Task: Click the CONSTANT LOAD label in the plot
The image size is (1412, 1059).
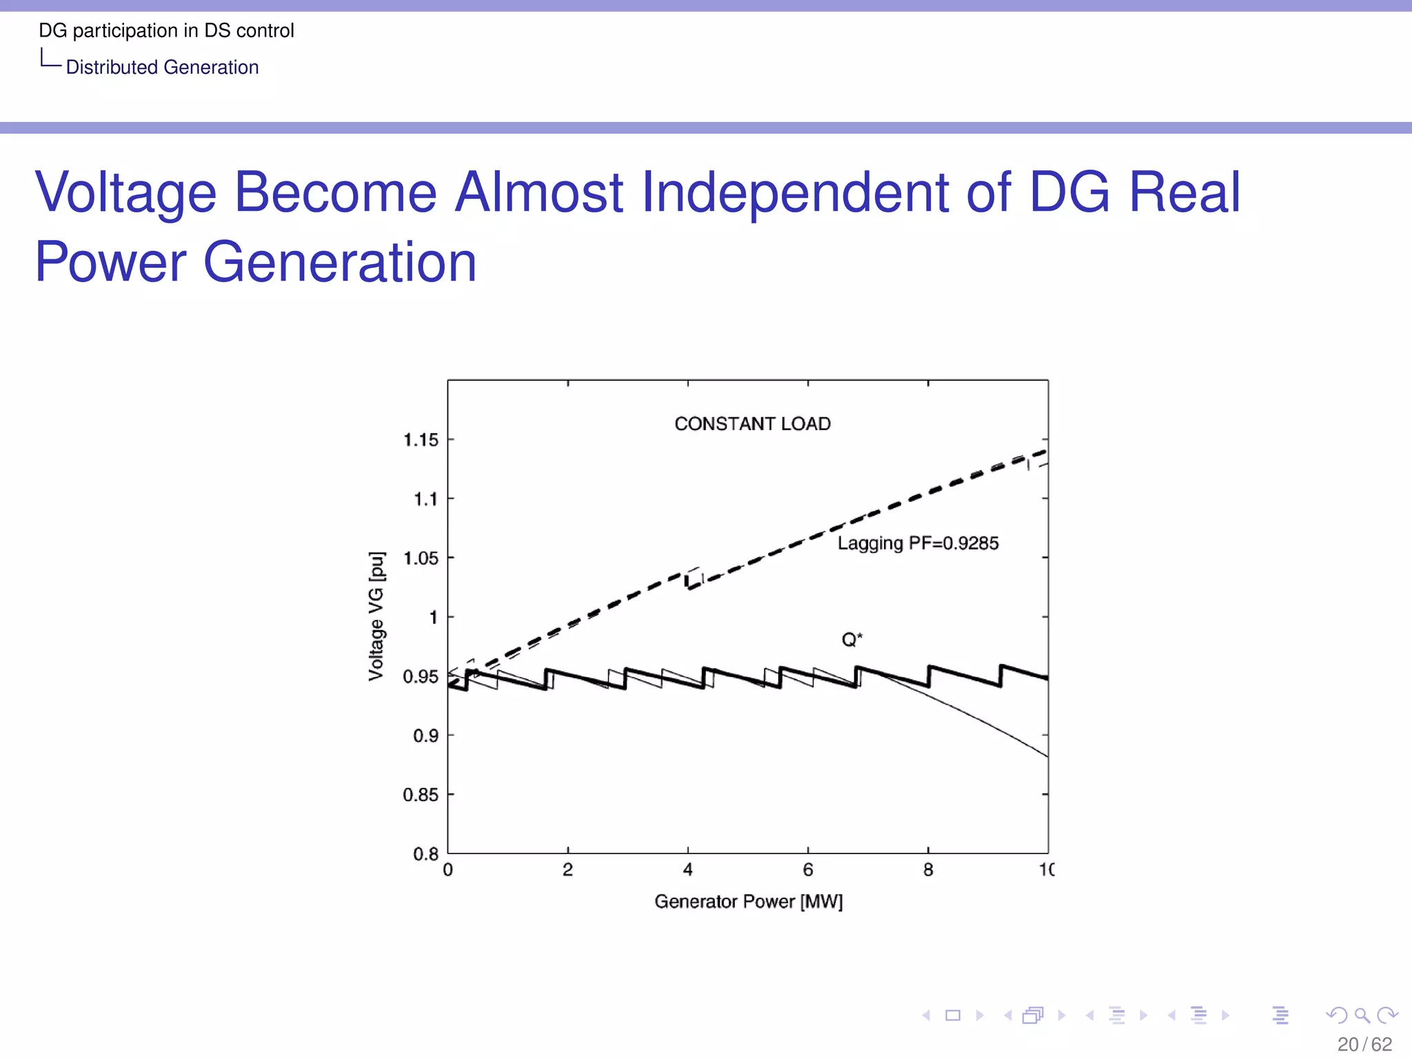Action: coord(752,423)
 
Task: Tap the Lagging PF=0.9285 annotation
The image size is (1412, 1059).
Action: coord(918,543)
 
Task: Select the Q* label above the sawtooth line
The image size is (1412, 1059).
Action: coord(851,640)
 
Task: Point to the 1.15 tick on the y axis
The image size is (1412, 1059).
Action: coord(421,440)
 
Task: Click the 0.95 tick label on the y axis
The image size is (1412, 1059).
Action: coord(421,676)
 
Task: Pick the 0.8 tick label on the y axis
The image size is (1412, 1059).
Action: coord(425,854)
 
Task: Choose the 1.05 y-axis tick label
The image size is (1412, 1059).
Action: coord(421,558)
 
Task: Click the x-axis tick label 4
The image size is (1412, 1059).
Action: coord(687,870)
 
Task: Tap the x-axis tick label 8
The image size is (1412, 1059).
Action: coord(928,870)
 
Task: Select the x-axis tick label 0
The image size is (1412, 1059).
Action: coord(448,870)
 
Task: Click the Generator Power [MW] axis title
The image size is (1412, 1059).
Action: coord(748,902)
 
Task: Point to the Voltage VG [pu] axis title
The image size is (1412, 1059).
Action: coord(376,616)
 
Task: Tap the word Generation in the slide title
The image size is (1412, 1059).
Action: coord(340,262)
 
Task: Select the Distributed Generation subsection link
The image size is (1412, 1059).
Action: coord(162,68)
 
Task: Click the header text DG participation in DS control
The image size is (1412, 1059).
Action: coord(166,30)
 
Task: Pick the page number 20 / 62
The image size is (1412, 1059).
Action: coord(1364,1044)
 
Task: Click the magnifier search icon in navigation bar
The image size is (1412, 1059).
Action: coord(1362,1015)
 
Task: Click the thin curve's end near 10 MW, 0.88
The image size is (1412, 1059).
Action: coord(1045,755)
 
